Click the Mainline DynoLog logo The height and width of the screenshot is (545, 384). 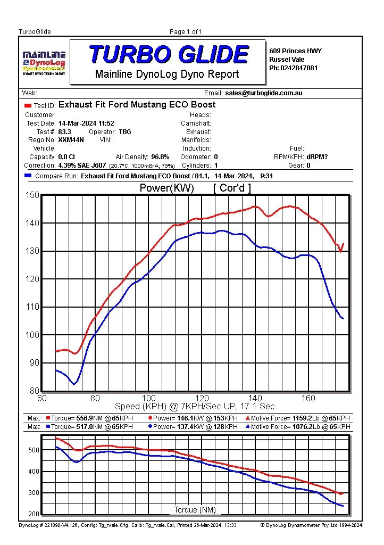pos(44,63)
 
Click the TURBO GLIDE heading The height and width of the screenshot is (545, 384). pos(169,54)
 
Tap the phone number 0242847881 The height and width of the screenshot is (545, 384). pos(299,68)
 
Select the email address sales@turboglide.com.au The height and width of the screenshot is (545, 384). pos(264,93)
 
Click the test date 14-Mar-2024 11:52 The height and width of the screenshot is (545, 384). pos(86,123)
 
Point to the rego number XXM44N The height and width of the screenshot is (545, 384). pos(71,140)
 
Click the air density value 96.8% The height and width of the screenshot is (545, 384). pos(160,157)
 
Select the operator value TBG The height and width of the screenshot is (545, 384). pos(125,132)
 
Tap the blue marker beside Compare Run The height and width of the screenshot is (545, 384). pos(28,176)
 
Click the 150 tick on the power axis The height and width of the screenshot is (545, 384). pos(32,195)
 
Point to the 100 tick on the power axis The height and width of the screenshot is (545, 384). pos(32,335)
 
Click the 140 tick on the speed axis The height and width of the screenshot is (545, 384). pos(255,398)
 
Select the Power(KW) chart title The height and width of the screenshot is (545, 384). pos(166,188)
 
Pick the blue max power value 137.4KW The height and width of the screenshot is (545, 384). pos(190,427)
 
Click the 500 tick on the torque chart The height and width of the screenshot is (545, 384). pos(34,450)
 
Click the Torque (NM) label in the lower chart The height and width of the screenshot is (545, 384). pos(195,510)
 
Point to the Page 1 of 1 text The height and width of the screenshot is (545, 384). pos(186,32)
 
